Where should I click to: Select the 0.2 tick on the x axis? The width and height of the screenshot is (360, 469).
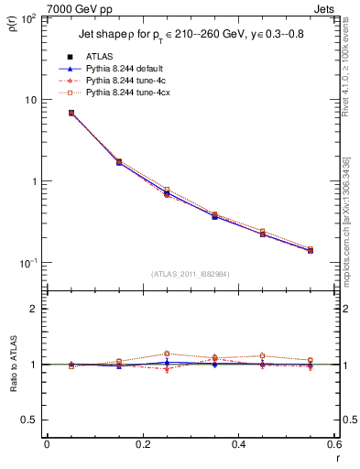tap(142, 444)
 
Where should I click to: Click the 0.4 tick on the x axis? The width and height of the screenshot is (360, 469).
tap(238, 444)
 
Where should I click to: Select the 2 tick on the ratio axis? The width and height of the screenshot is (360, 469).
tap(33, 309)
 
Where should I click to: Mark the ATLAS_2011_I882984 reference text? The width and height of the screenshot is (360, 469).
tap(190, 273)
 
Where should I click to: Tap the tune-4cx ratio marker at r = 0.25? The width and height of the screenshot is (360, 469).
tap(167, 354)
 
